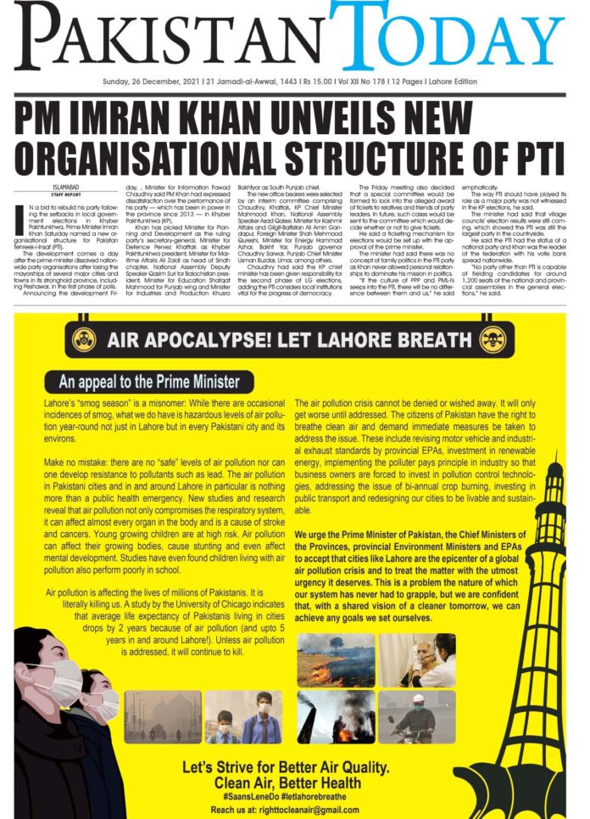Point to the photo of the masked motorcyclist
click(x=416, y=716)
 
